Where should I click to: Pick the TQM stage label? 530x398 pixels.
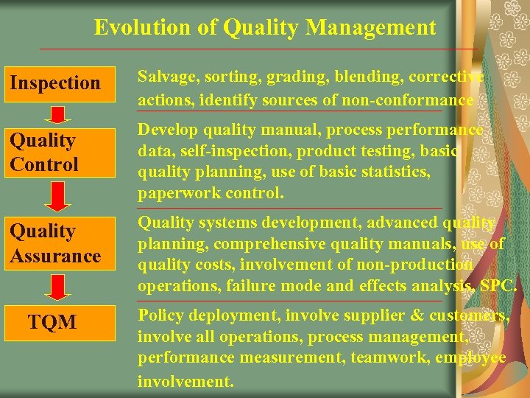[x=52, y=321]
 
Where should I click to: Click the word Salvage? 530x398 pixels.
[x=164, y=77]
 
